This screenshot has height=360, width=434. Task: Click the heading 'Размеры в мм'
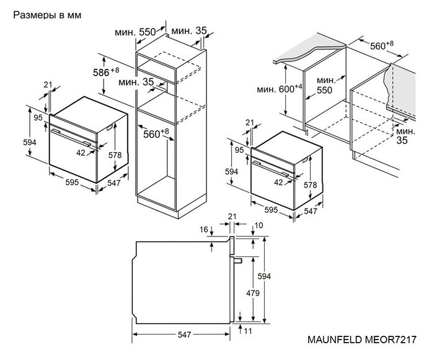click(46, 14)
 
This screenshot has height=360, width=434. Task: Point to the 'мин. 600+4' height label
click(280, 89)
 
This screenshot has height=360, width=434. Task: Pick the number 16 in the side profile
click(204, 230)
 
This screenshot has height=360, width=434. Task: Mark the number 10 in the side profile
click(259, 225)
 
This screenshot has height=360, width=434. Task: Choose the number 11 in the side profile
click(248, 331)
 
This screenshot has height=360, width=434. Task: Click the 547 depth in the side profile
click(183, 335)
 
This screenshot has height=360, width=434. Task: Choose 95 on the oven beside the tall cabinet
click(37, 117)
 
